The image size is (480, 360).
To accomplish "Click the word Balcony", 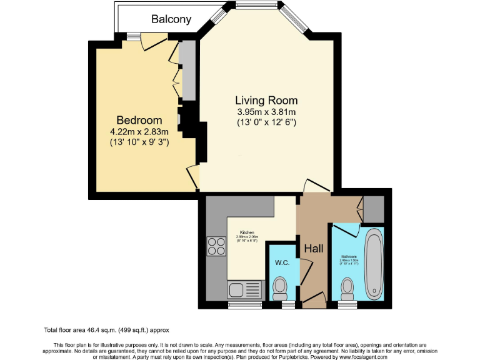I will tap(171, 19).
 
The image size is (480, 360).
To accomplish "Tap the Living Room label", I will tap(266, 100).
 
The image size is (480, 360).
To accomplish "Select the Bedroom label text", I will tap(139, 120).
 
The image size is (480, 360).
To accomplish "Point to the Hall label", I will tap(313, 249).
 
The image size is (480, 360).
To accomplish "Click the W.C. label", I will tap(281, 262).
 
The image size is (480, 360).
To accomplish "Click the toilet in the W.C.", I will tap(281, 289).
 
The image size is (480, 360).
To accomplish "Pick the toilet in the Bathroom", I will tap(347, 289).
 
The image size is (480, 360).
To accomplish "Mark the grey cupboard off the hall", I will tap(374, 209).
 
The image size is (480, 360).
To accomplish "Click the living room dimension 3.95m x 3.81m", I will tap(266, 112).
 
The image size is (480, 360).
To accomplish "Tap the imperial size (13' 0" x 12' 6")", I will tap(266, 123).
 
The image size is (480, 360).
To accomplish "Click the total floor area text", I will tap(106, 329).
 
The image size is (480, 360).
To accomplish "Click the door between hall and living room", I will tap(316, 185).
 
